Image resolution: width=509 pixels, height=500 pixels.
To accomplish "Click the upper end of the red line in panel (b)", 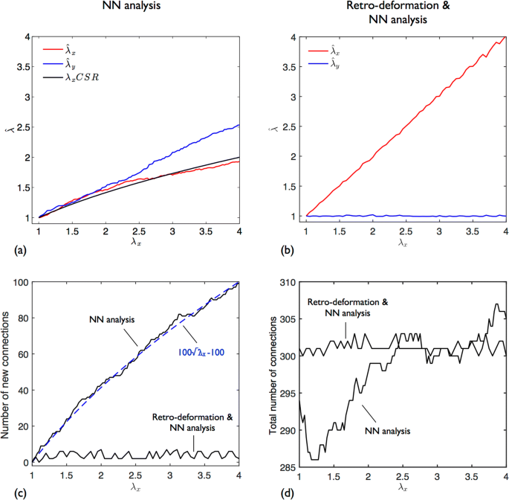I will [x=505, y=36].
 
